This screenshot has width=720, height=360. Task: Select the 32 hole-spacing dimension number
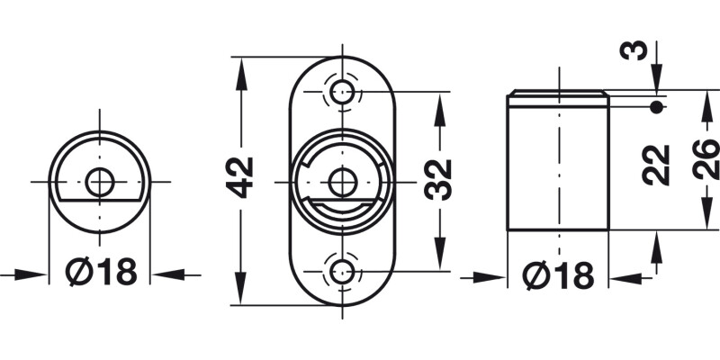(438, 180)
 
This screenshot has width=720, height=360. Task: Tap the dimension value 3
(636, 49)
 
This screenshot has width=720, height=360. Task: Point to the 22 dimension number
(659, 164)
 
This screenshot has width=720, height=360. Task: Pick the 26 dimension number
(707, 160)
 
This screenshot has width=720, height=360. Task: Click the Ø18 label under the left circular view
(101, 272)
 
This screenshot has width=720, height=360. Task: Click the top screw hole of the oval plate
(341, 91)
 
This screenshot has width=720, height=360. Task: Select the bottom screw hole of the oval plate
(341, 269)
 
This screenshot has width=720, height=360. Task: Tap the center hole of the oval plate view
(341, 181)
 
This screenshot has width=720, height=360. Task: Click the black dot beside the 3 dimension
(656, 108)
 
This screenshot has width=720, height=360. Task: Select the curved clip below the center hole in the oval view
(341, 210)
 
